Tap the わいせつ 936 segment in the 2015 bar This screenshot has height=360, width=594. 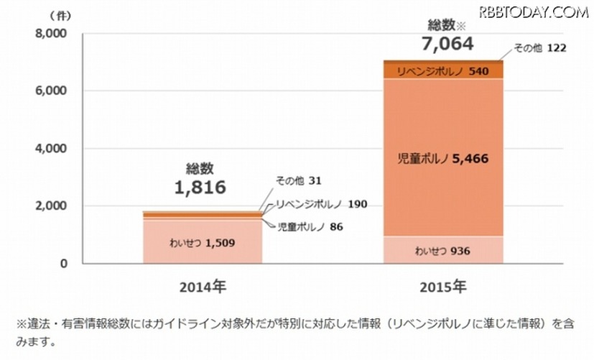442,251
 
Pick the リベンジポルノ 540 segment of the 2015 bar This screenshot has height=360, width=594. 442,72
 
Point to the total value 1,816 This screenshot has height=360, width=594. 200,188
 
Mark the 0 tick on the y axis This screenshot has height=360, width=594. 63,264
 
